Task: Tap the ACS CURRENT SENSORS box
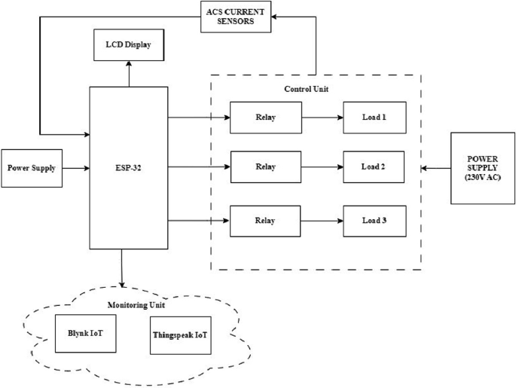click(238, 17)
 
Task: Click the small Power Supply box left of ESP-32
click(31, 168)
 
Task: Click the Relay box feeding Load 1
click(265, 118)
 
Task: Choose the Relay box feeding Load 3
click(265, 221)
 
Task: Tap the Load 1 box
click(374, 118)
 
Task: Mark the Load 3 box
click(374, 221)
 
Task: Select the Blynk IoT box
click(86, 334)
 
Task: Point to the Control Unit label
click(306, 89)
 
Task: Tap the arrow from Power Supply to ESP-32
click(75, 168)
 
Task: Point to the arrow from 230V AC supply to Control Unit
click(435, 167)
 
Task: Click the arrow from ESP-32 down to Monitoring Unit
click(121, 268)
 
